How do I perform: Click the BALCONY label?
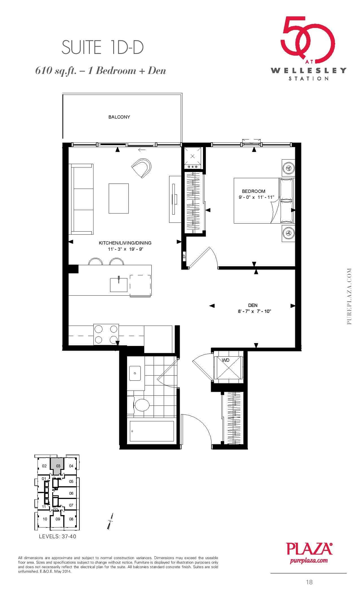tap(119, 117)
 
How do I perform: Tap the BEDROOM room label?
tap(254, 191)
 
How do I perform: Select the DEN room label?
tap(253, 305)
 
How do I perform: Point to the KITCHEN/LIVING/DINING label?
tap(125, 243)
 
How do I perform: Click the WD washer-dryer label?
tap(226, 360)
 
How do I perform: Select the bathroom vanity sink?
tap(135, 373)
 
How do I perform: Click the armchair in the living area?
tap(142, 168)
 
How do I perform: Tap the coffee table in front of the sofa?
tap(119, 199)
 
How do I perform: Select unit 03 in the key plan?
tap(58, 466)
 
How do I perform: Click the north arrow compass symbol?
tap(110, 521)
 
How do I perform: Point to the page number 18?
tap(309, 582)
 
